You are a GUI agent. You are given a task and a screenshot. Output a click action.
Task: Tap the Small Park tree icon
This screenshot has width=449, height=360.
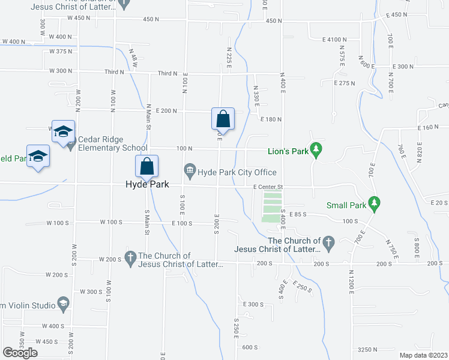[x=375, y=203]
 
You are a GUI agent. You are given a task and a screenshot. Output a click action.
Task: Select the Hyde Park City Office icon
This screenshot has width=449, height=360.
[x=190, y=172]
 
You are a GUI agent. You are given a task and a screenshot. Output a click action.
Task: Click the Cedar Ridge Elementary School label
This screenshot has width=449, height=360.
[x=112, y=144]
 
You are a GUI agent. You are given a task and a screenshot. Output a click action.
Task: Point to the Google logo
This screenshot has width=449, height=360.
[x=20, y=352]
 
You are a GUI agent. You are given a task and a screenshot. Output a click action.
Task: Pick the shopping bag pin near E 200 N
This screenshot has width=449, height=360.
[x=222, y=118]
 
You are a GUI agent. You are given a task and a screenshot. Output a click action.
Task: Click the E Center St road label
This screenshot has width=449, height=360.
[x=268, y=187]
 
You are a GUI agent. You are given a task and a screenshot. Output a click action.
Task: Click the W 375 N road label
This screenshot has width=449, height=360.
[x=61, y=52]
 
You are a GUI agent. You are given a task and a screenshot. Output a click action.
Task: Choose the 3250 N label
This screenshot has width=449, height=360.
[x=367, y=349]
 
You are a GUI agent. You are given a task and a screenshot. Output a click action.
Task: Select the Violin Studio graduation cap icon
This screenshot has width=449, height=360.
[x=63, y=304]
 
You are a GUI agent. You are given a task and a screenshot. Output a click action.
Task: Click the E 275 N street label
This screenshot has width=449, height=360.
[x=345, y=83]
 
